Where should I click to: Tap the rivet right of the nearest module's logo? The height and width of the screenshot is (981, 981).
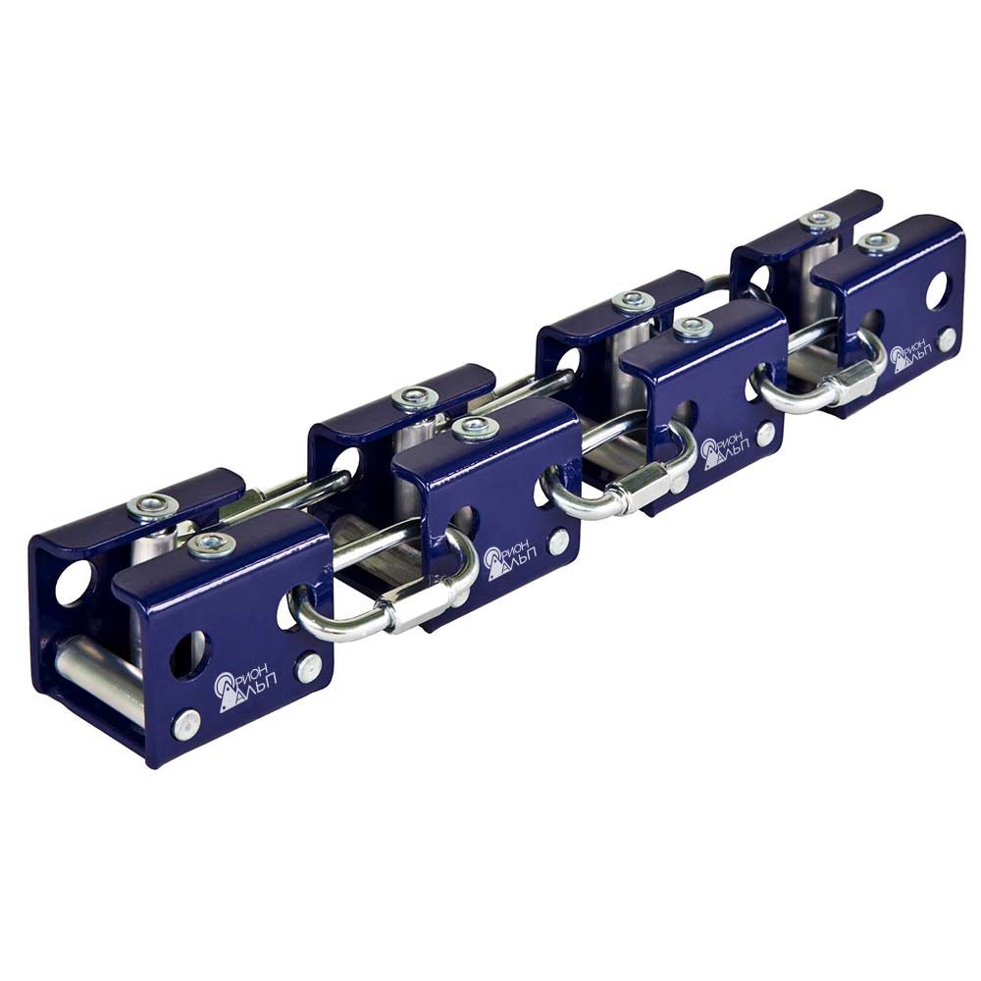[x=308, y=667]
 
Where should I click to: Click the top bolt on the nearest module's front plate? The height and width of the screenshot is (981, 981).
[x=212, y=546]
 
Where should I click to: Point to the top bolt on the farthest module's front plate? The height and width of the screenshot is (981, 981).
[x=876, y=242]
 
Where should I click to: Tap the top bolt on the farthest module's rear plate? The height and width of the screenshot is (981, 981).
[x=820, y=220]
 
